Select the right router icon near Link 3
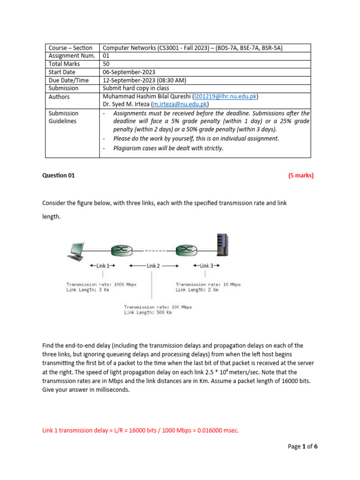pos(184,251)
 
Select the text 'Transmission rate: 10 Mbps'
pos(208,284)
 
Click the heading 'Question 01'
pos(59,176)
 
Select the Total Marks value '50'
pos(107,64)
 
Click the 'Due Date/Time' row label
pos(68,80)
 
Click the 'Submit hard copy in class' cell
pos(136,88)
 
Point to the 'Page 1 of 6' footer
pos(302,446)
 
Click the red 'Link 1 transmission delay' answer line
pos(141,430)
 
